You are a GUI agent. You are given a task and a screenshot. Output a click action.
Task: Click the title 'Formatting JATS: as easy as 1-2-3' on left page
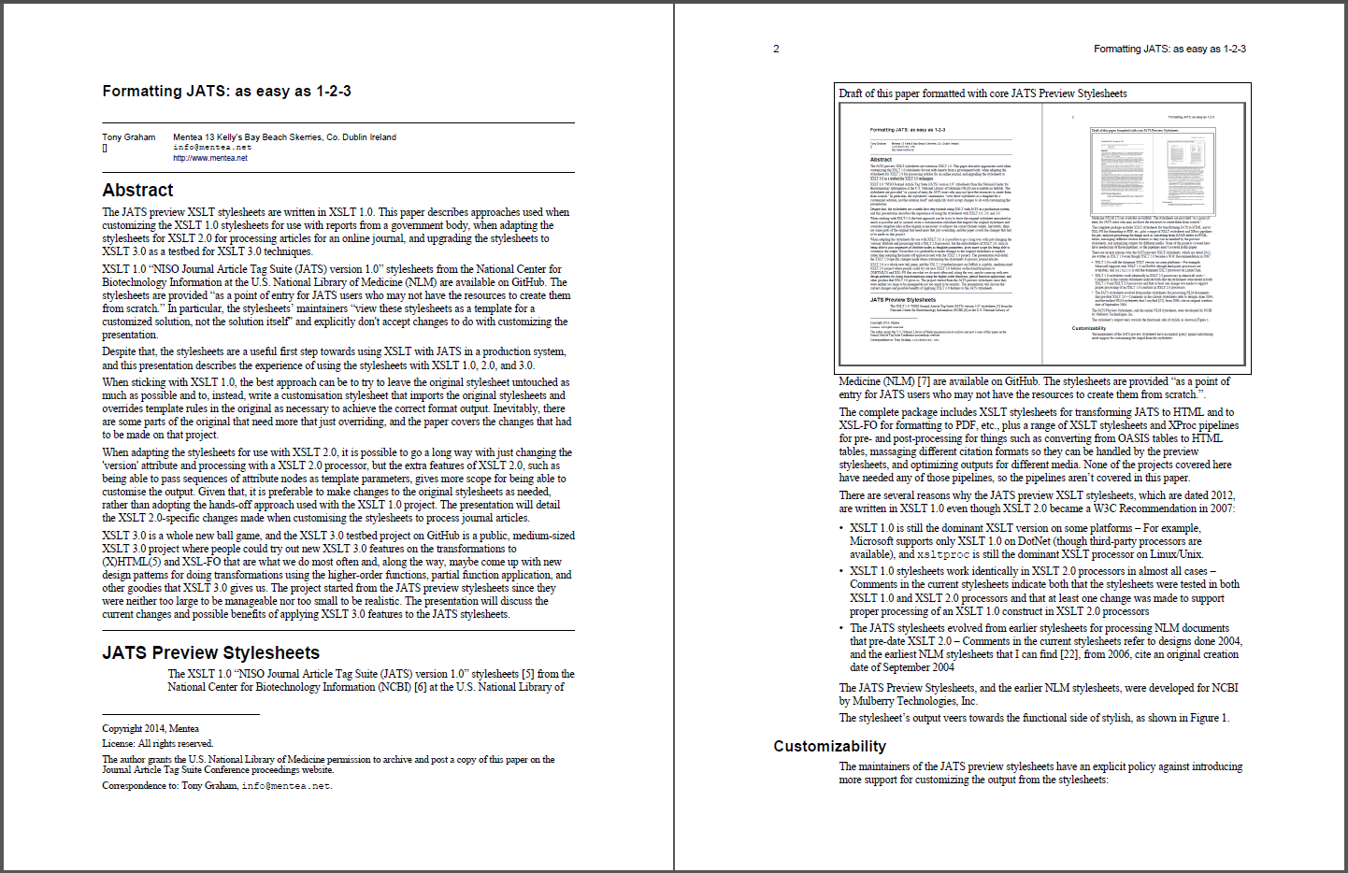pos(226,92)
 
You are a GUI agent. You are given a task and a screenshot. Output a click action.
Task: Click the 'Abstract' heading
pos(137,191)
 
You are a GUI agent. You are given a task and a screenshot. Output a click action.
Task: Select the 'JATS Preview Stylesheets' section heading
pos(210,653)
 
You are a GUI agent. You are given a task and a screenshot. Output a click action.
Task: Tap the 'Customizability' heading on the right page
pos(829,747)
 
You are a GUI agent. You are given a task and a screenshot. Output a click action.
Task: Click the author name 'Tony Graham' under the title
pos(129,137)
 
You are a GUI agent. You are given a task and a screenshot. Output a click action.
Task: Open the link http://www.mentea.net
pos(210,158)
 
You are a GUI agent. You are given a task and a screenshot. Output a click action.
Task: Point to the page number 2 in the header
pos(776,49)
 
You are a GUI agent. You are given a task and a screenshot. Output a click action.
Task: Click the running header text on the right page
pos(1169,49)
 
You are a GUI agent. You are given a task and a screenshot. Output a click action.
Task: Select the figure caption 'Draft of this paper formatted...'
pos(982,93)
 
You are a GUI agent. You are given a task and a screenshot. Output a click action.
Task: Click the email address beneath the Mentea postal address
pos(212,148)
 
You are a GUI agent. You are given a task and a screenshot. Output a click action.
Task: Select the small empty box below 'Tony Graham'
pos(105,149)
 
